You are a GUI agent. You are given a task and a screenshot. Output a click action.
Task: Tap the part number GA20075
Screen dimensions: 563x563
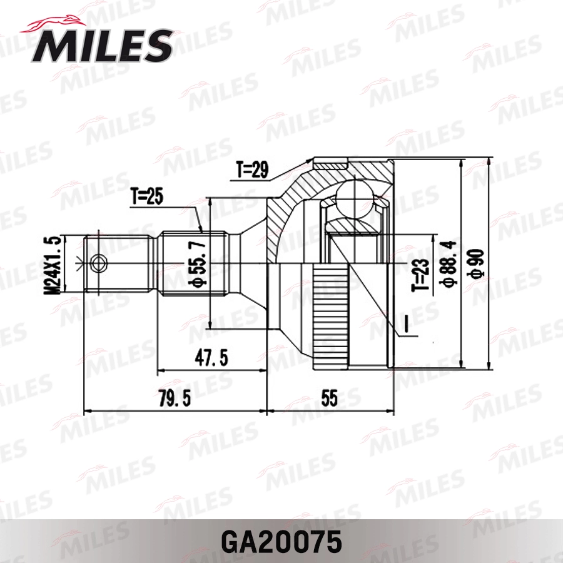tap(281, 541)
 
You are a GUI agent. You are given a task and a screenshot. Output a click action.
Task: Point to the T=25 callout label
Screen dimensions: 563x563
tap(147, 198)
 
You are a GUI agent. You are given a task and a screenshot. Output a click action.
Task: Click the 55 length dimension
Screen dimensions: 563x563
tap(330, 398)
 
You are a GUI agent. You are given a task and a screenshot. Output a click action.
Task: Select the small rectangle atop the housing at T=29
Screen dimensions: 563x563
tap(331, 163)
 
